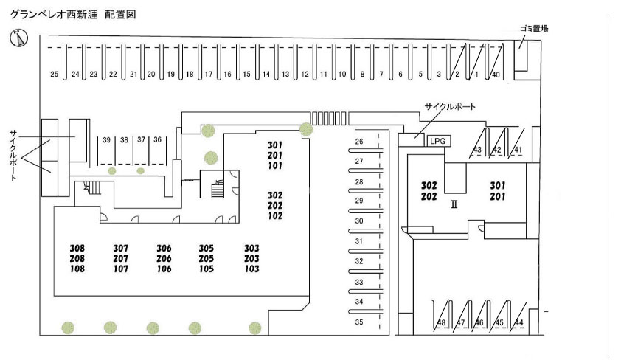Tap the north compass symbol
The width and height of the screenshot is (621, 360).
pos(16,36)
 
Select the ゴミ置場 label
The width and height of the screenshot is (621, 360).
pos(532,29)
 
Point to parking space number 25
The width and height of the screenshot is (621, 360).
pos(54,75)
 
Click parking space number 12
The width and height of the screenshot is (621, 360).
pos(304,75)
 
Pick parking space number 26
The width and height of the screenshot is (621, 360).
pos(359,141)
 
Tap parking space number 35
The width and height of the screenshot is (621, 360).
pos(359,322)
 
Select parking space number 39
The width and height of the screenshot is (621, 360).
pos(106,139)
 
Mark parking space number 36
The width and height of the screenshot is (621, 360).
pos(157,139)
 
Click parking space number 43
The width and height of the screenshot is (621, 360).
pos(477,150)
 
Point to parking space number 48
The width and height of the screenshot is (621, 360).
pos(441,323)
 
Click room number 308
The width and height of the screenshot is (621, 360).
pos(77,248)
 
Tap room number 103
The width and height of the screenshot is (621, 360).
pos(252,269)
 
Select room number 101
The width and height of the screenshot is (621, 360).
pos(275,166)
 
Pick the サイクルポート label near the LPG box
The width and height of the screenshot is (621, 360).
pos(450,106)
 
